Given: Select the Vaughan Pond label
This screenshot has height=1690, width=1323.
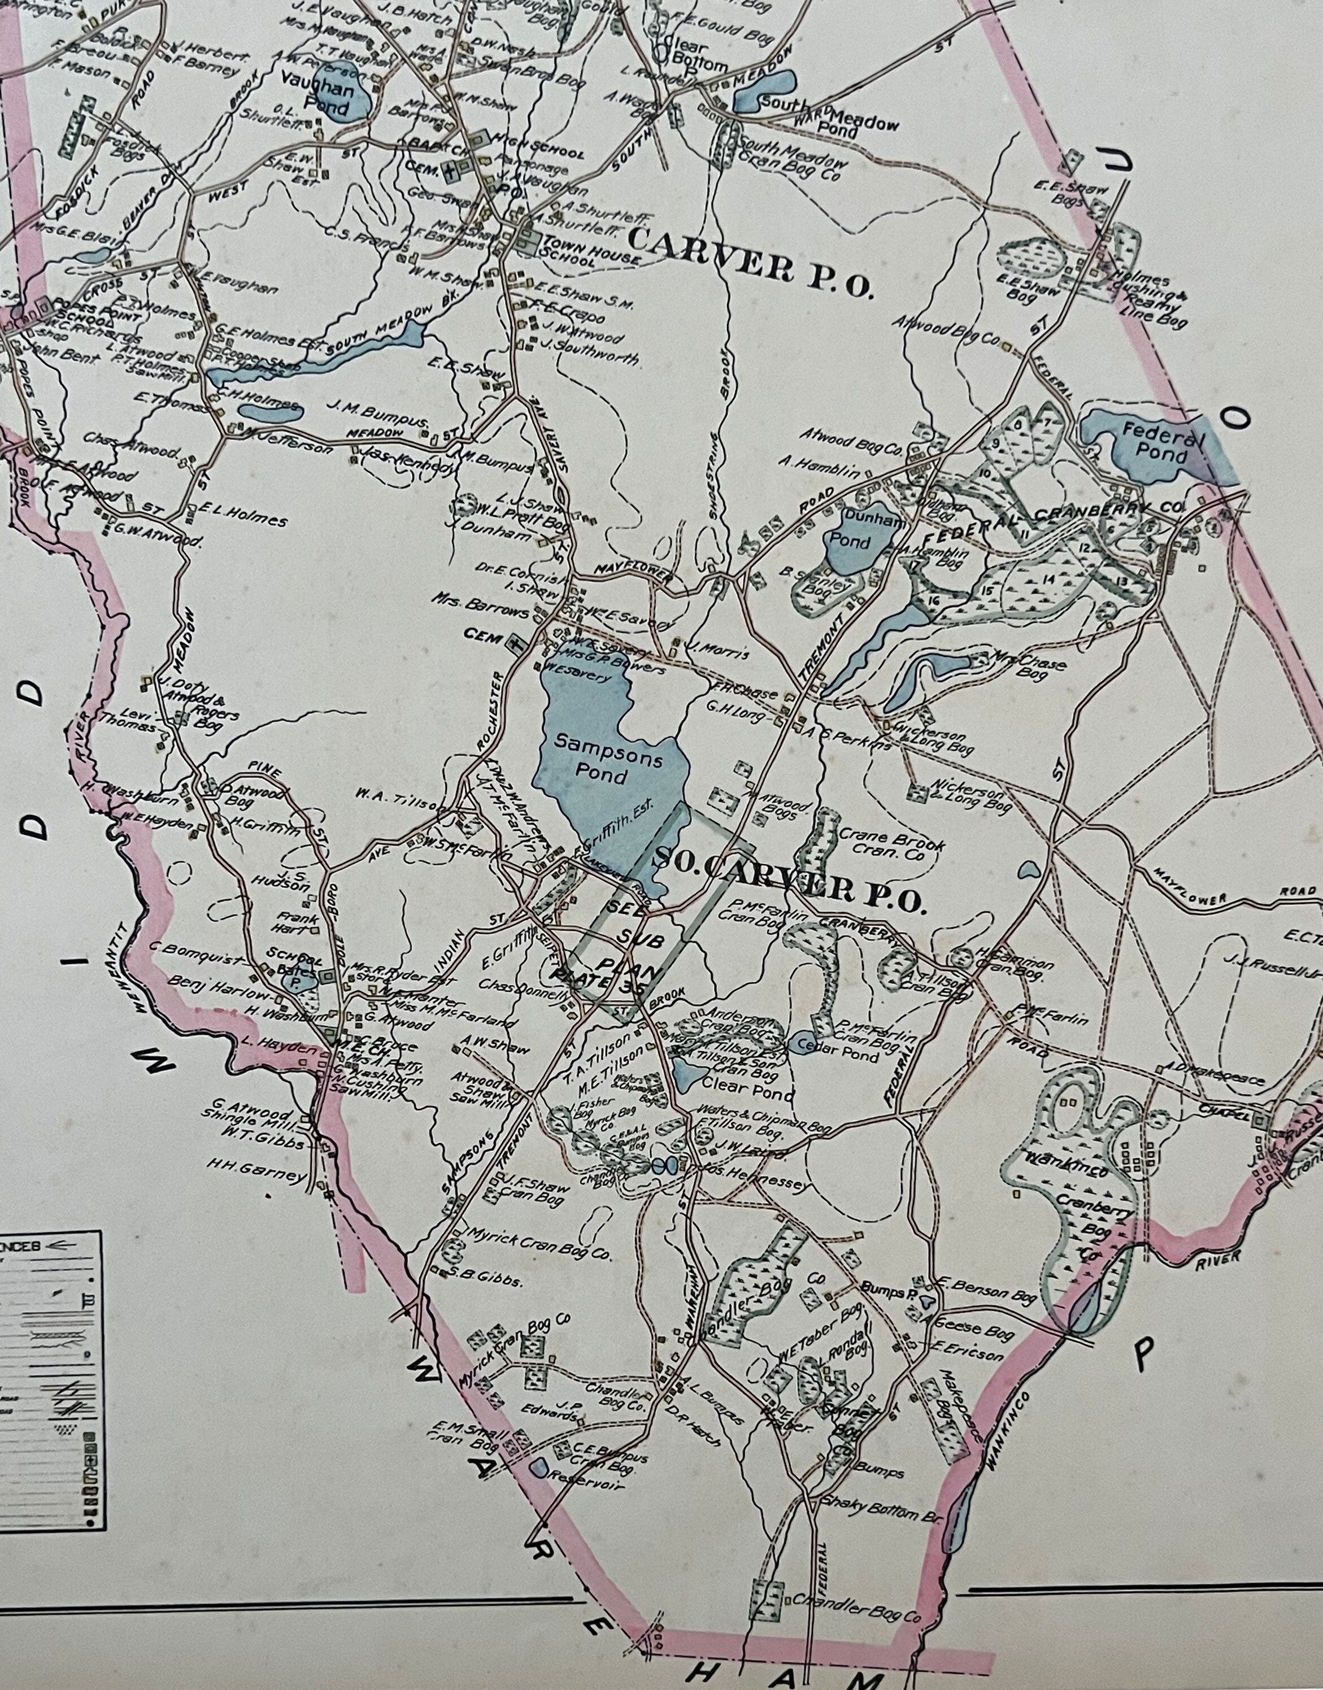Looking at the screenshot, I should pyautogui.click(x=329, y=97).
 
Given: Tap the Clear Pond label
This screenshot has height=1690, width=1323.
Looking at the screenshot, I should pyautogui.click(x=751, y=1095).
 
